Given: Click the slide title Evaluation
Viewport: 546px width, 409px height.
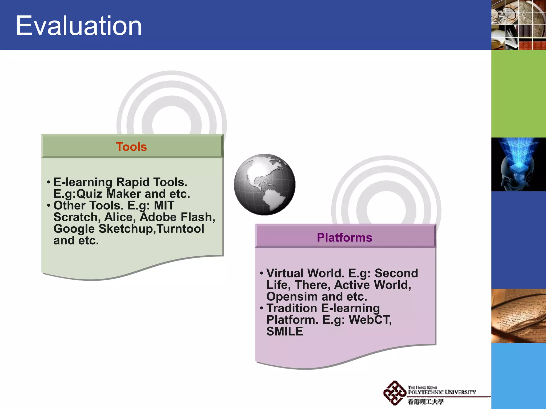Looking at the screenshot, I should click(79, 26).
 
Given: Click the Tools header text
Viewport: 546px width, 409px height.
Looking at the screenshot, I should click(131, 147).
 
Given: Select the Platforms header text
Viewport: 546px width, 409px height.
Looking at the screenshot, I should click(344, 238).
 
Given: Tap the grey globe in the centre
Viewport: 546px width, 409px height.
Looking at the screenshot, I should click(264, 184).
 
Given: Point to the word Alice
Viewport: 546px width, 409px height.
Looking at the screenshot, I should click(120, 217).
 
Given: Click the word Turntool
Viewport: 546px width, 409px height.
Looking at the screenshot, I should click(180, 229).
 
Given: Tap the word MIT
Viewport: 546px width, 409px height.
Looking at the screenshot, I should click(164, 206).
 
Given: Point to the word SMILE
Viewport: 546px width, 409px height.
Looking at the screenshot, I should click(285, 332).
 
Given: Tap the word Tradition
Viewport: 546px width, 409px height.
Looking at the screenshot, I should click(292, 308).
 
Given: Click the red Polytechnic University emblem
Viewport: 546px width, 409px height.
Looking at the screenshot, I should click(394, 393).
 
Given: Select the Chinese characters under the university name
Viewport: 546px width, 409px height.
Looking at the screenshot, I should click(425, 402).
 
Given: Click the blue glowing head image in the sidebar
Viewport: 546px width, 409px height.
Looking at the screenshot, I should click(519, 164).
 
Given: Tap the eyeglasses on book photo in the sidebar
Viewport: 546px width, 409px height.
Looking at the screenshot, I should click(519, 316).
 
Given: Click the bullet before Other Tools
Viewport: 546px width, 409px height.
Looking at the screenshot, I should click(49, 206).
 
